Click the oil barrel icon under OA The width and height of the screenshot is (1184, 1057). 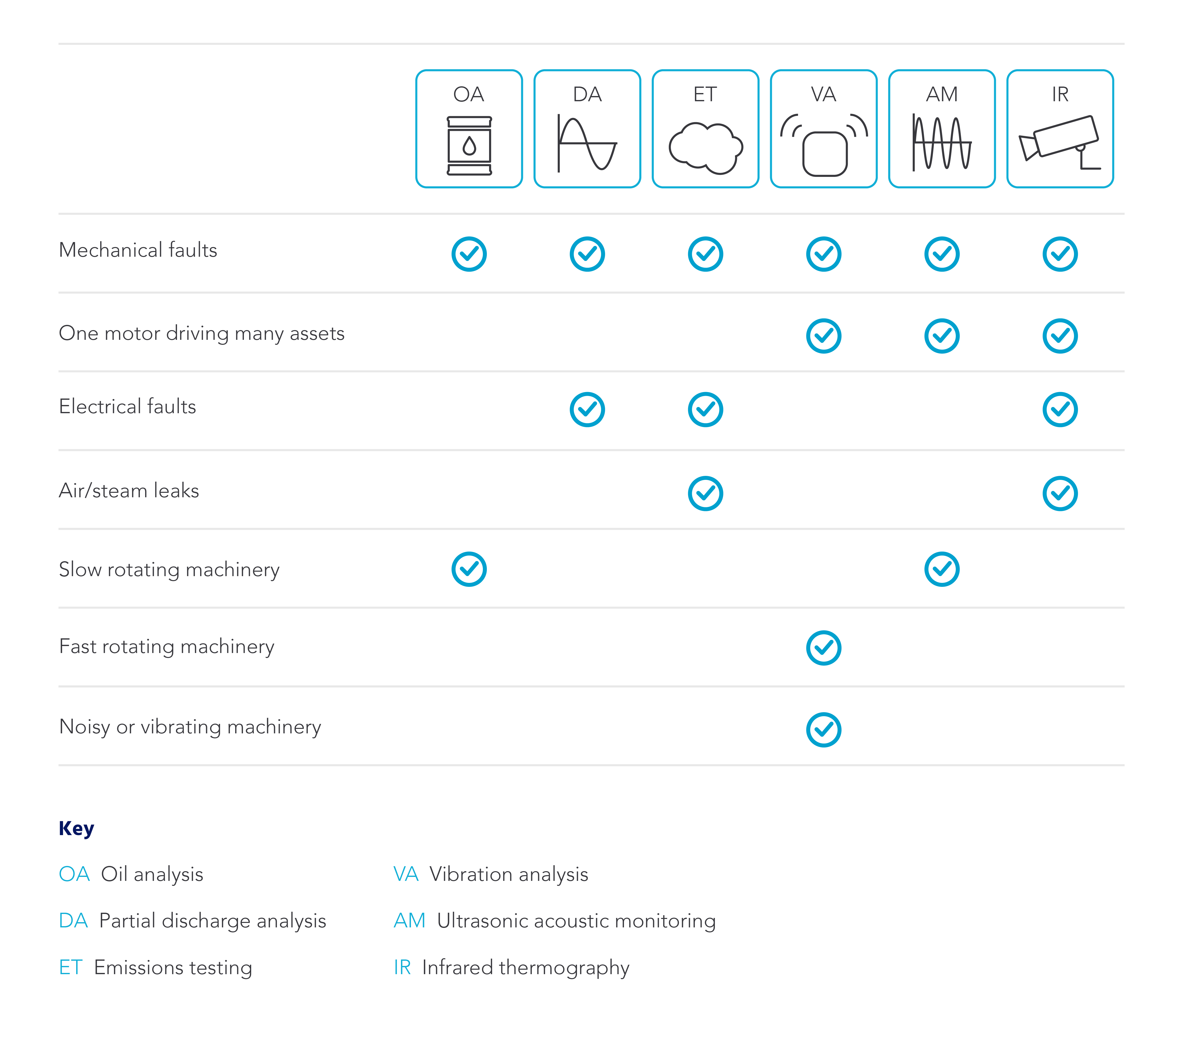coord(469,146)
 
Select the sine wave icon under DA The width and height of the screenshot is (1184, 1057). coord(587,144)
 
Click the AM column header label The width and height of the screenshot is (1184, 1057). coord(941,94)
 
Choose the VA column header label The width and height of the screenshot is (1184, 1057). coord(823,94)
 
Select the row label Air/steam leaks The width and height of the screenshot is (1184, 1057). coord(129,491)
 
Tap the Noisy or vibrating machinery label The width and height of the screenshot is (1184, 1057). coord(190,727)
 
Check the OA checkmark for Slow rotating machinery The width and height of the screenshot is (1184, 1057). coord(469,569)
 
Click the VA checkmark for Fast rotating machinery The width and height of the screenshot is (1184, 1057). coord(823,648)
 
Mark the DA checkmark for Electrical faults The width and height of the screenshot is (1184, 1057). coord(587,409)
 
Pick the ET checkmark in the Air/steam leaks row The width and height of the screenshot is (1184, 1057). coord(705,494)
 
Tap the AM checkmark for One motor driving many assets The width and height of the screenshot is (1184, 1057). coord(941,336)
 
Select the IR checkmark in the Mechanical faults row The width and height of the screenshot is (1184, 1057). coord(1060,254)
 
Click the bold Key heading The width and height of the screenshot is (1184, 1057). coord(76,828)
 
